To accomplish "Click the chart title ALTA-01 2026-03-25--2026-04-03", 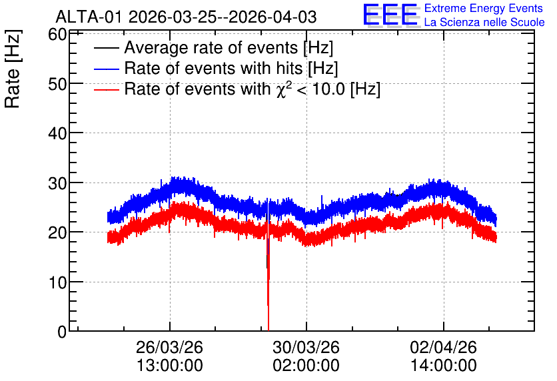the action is pos(186,17).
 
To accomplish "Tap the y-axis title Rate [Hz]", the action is pos(13,69).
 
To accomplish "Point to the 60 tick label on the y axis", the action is pos(57,35).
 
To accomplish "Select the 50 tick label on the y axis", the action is pos(57,84).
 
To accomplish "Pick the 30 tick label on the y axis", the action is pos(57,183).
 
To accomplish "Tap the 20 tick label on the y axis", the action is pos(57,232).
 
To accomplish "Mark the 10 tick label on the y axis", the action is pos(57,282).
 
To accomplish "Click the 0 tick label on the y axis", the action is pos(62,332).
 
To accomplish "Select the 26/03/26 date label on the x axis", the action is pos(169,347).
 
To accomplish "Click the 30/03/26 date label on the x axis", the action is pos(306,347).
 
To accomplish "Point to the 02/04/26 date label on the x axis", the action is pos(443,347).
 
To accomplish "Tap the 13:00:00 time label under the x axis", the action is pos(169,365).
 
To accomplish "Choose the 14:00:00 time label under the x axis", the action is pos(443,365).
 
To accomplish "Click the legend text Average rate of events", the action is pos(211,47).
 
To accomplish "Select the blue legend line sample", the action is pos(106,69).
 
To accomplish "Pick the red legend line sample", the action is pos(106,89).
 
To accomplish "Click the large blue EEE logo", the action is pos(390,15).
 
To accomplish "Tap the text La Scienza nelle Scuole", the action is pos(484,22).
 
